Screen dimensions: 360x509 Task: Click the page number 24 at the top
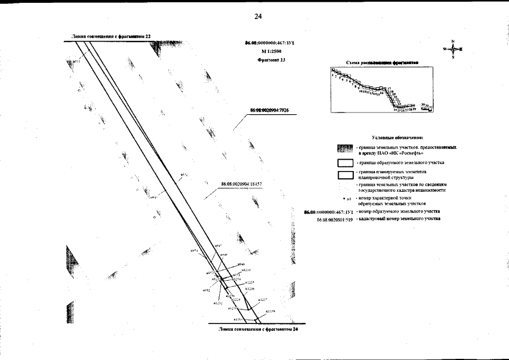258,16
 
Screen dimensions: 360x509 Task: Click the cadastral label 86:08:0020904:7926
268,111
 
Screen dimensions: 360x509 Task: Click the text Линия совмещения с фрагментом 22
111,35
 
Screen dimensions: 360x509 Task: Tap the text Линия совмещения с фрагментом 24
258,329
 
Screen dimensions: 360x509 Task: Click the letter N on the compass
452,41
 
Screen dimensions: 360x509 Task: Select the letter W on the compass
444,49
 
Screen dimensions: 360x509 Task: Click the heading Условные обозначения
398,137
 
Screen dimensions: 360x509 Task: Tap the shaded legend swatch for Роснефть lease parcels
344,150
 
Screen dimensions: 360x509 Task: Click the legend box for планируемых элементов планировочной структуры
344,174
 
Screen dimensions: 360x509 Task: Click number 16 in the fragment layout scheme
382,93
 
